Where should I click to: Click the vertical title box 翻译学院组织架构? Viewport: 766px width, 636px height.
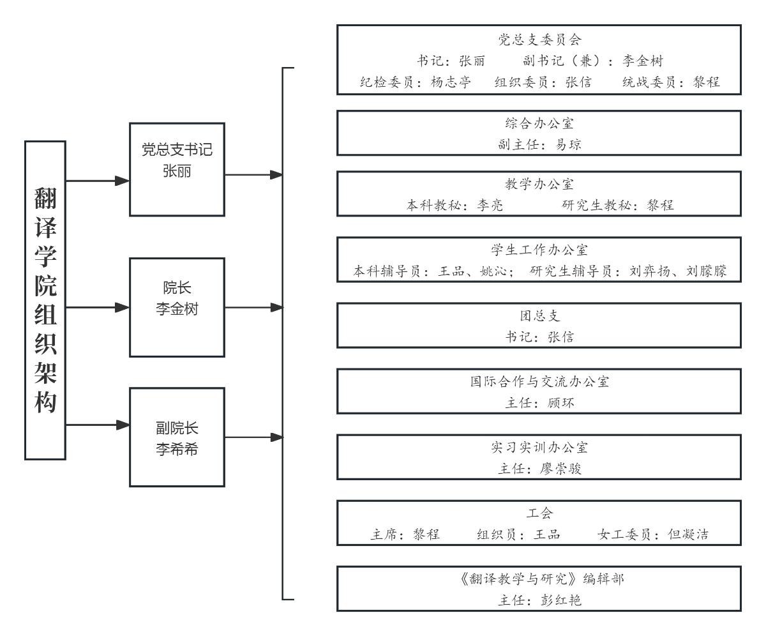pyautogui.click(x=45, y=299)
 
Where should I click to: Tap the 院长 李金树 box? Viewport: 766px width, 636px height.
pyautogui.click(x=177, y=307)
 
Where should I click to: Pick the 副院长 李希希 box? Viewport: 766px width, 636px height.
pyautogui.click(x=177, y=437)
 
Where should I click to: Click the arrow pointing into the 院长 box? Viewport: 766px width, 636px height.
pyautogui.click(x=121, y=307)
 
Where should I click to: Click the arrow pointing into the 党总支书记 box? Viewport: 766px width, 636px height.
pyautogui.click(x=121, y=181)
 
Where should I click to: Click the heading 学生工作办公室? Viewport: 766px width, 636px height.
pyautogui.click(x=539, y=251)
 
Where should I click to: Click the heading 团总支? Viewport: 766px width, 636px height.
pyautogui.click(x=539, y=316)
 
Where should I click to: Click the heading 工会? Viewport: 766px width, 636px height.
pyautogui.click(x=539, y=513)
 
